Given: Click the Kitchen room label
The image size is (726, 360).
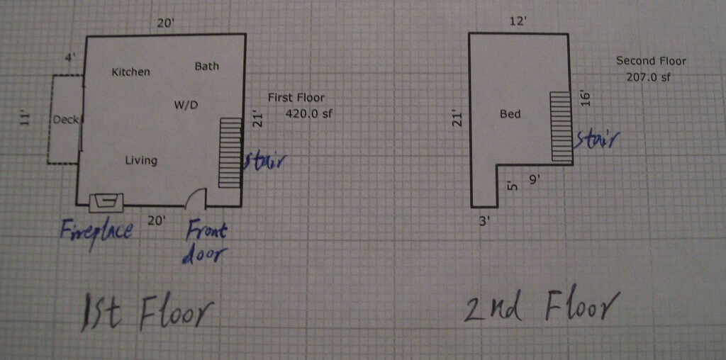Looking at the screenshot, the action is [x=131, y=72].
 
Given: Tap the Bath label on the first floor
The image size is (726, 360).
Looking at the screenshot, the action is [x=206, y=66].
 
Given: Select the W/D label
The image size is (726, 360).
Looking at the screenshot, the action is [x=186, y=105].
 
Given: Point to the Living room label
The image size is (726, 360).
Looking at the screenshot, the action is [x=141, y=161].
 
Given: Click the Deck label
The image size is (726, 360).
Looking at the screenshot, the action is [x=65, y=120].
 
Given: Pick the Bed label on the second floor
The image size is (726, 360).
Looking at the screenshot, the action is [x=510, y=113].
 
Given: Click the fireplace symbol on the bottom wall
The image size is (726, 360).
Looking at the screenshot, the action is [x=106, y=202].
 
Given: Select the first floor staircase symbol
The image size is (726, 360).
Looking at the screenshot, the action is [x=230, y=152].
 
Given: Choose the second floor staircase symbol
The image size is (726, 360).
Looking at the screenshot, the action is [x=562, y=126].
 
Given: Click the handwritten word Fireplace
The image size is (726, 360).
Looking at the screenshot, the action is [x=96, y=231].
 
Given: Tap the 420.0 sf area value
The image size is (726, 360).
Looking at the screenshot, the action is [x=309, y=113].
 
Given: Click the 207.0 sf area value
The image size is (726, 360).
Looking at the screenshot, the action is [x=648, y=77].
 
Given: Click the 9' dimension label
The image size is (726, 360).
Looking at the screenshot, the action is [x=535, y=179].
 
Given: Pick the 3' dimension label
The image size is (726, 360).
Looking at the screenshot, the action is [x=484, y=222].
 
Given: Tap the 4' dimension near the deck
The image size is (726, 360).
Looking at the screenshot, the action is [x=70, y=58].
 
